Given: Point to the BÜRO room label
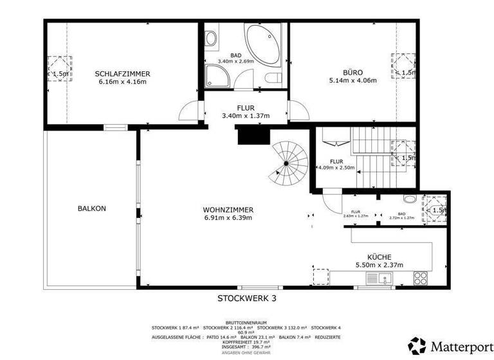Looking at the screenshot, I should coord(352,72).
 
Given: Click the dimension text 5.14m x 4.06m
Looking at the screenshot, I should coord(352,81).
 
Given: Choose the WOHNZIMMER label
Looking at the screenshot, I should coord(228,210).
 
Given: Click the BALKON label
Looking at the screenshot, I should coord(91,208).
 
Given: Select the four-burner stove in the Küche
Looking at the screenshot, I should coord(420,278).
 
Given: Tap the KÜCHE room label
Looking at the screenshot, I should coord(380,256).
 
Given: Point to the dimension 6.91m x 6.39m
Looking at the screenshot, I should coord(228,218).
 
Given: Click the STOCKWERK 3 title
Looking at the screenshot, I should coord(246,298).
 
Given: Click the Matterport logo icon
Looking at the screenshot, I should coord(417,346).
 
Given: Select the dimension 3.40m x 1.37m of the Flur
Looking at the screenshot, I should coord(245,116).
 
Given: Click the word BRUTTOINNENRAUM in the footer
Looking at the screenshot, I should coord(246,322).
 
